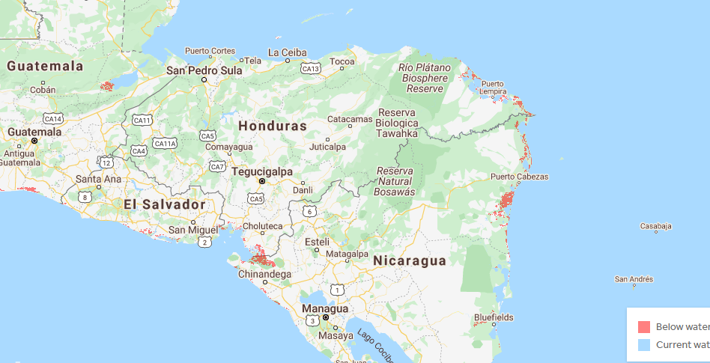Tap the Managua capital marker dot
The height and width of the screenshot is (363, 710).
(326, 317)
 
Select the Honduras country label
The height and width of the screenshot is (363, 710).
(273, 126)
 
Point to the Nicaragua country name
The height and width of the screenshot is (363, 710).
(410, 260)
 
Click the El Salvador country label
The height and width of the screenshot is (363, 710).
(165, 204)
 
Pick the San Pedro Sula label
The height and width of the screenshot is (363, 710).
(204, 70)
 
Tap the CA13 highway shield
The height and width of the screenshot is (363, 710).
(311, 69)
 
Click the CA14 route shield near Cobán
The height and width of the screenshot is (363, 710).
(52, 118)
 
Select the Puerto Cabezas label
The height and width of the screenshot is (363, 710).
(520, 177)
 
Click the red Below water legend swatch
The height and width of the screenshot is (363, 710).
(643, 327)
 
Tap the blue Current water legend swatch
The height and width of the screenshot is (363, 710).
(643, 345)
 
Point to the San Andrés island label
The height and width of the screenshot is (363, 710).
(634, 279)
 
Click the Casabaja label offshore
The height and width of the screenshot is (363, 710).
(656, 226)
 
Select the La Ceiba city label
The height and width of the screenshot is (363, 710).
(288, 52)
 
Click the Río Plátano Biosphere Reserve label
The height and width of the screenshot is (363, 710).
(425, 78)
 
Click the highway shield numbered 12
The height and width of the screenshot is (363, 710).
(107, 162)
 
